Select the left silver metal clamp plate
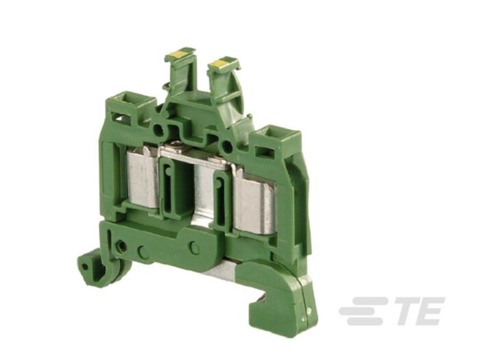pos(144,180)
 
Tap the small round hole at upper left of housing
pos(158,128)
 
